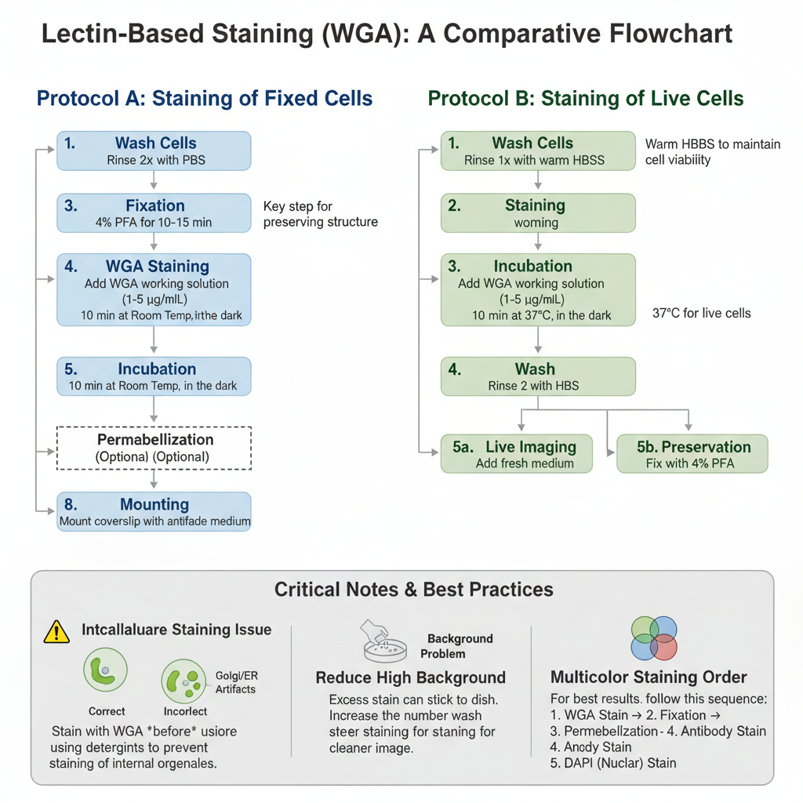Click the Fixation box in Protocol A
[x=154, y=213]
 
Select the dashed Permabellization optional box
[x=154, y=448]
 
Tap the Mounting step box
[x=154, y=512]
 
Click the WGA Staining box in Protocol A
[x=154, y=289]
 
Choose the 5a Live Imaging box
[x=517, y=454]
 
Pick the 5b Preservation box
[x=692, y=454]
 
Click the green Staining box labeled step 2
[x=538, y=213]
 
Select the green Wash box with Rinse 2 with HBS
[x=538, y=376]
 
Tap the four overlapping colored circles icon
[x=654, y=638]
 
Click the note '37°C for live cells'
[x=701, y=314]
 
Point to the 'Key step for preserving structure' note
[x=321, y=214]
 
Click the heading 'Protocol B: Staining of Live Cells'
[x=585, y=99]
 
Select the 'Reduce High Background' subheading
[x=410, y=678]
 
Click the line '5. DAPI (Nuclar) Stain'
[x=613, y=762]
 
